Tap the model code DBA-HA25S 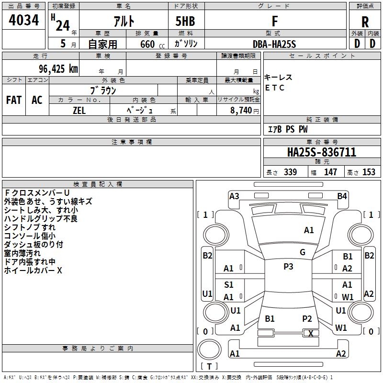coord(274,44)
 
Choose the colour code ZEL coord(79,110)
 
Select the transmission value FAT coord(14,100)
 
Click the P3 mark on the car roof coord(288,267)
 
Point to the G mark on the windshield coord(302,252)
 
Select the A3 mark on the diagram coord(234,196)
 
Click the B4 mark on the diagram coord(342,196)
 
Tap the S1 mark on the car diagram coord(229,285)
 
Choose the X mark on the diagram coord(311,334)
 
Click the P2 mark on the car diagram coord(307,318)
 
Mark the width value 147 coord(330,172)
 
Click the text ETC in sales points coord(274,88)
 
